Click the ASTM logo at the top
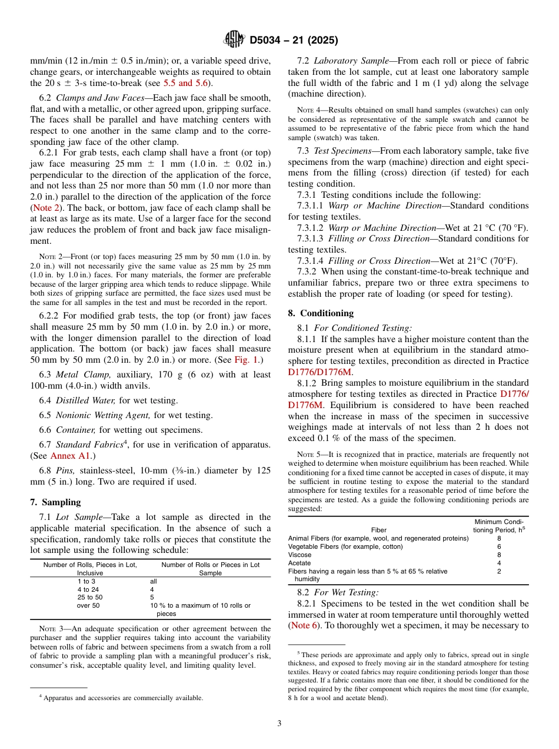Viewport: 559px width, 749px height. [x=234, y=40]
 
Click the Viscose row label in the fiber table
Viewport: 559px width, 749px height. [x=300, y=555]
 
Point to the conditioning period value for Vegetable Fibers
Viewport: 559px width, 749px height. [x=499, y=546]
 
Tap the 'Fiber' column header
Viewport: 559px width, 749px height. [x=378, y=530]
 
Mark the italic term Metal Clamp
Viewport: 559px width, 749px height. [x=83, y=374]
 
